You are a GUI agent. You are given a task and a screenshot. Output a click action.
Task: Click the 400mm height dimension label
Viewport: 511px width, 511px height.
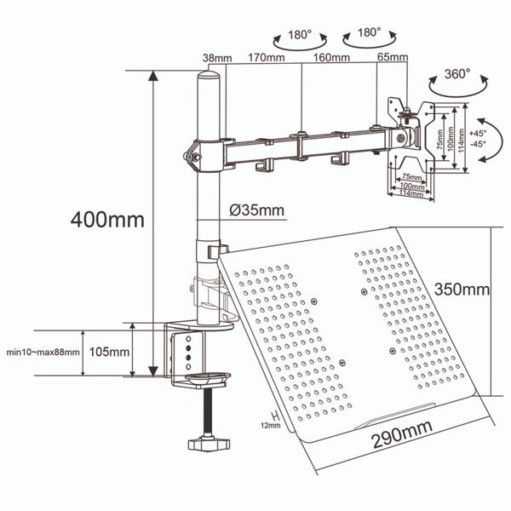pos(109,219)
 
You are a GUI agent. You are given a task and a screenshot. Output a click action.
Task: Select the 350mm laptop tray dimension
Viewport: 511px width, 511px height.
pos(461,289)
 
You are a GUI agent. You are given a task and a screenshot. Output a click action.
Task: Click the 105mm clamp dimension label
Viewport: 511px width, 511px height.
pos(108,351)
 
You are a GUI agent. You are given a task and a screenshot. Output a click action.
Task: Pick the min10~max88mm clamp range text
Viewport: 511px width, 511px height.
pos(43,351)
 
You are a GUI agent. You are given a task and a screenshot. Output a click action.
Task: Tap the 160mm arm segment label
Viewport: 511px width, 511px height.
pos(331,59)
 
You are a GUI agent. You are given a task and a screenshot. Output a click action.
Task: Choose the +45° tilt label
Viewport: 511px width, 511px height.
pos(477,133)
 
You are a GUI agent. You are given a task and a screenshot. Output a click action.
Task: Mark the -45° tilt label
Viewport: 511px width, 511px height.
pos(477,144)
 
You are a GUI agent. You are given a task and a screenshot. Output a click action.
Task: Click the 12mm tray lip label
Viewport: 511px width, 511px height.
pos(270,425)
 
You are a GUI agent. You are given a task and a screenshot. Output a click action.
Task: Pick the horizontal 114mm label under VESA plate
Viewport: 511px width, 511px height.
pos(411,194)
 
